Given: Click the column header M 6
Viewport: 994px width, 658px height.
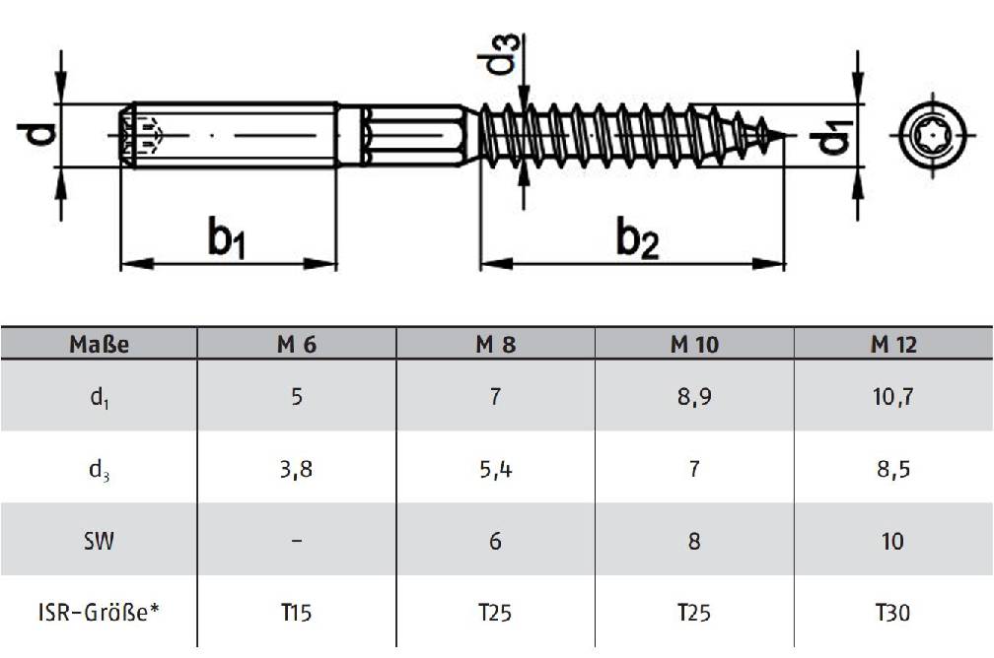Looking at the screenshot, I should [297, 345].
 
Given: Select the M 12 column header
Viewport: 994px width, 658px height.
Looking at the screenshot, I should [892, 345].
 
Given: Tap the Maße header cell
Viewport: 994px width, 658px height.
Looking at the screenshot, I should [99, 345].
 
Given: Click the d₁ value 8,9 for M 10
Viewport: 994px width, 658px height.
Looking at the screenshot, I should [693, 397].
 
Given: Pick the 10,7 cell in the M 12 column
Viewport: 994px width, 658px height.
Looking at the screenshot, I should [892, 397].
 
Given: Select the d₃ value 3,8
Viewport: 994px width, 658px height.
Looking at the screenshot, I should [297, 469].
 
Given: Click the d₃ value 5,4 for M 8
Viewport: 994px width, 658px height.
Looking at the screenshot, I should [495, 469].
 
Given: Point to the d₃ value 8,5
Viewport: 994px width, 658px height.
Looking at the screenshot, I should [892, 469].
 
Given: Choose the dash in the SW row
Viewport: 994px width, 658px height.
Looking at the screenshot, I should [297, 541].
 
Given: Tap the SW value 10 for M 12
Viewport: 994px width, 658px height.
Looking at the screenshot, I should [892, 541].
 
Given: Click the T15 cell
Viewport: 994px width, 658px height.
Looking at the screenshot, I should [297, 613].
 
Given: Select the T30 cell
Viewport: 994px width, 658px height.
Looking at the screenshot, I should [892, 613].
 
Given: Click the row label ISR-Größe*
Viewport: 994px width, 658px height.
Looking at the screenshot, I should [99, 613].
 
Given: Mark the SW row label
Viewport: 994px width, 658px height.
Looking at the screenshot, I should [99, 541].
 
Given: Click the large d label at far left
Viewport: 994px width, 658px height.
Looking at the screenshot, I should [35, 132].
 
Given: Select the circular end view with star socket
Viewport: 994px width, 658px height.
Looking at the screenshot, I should [931, 135].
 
